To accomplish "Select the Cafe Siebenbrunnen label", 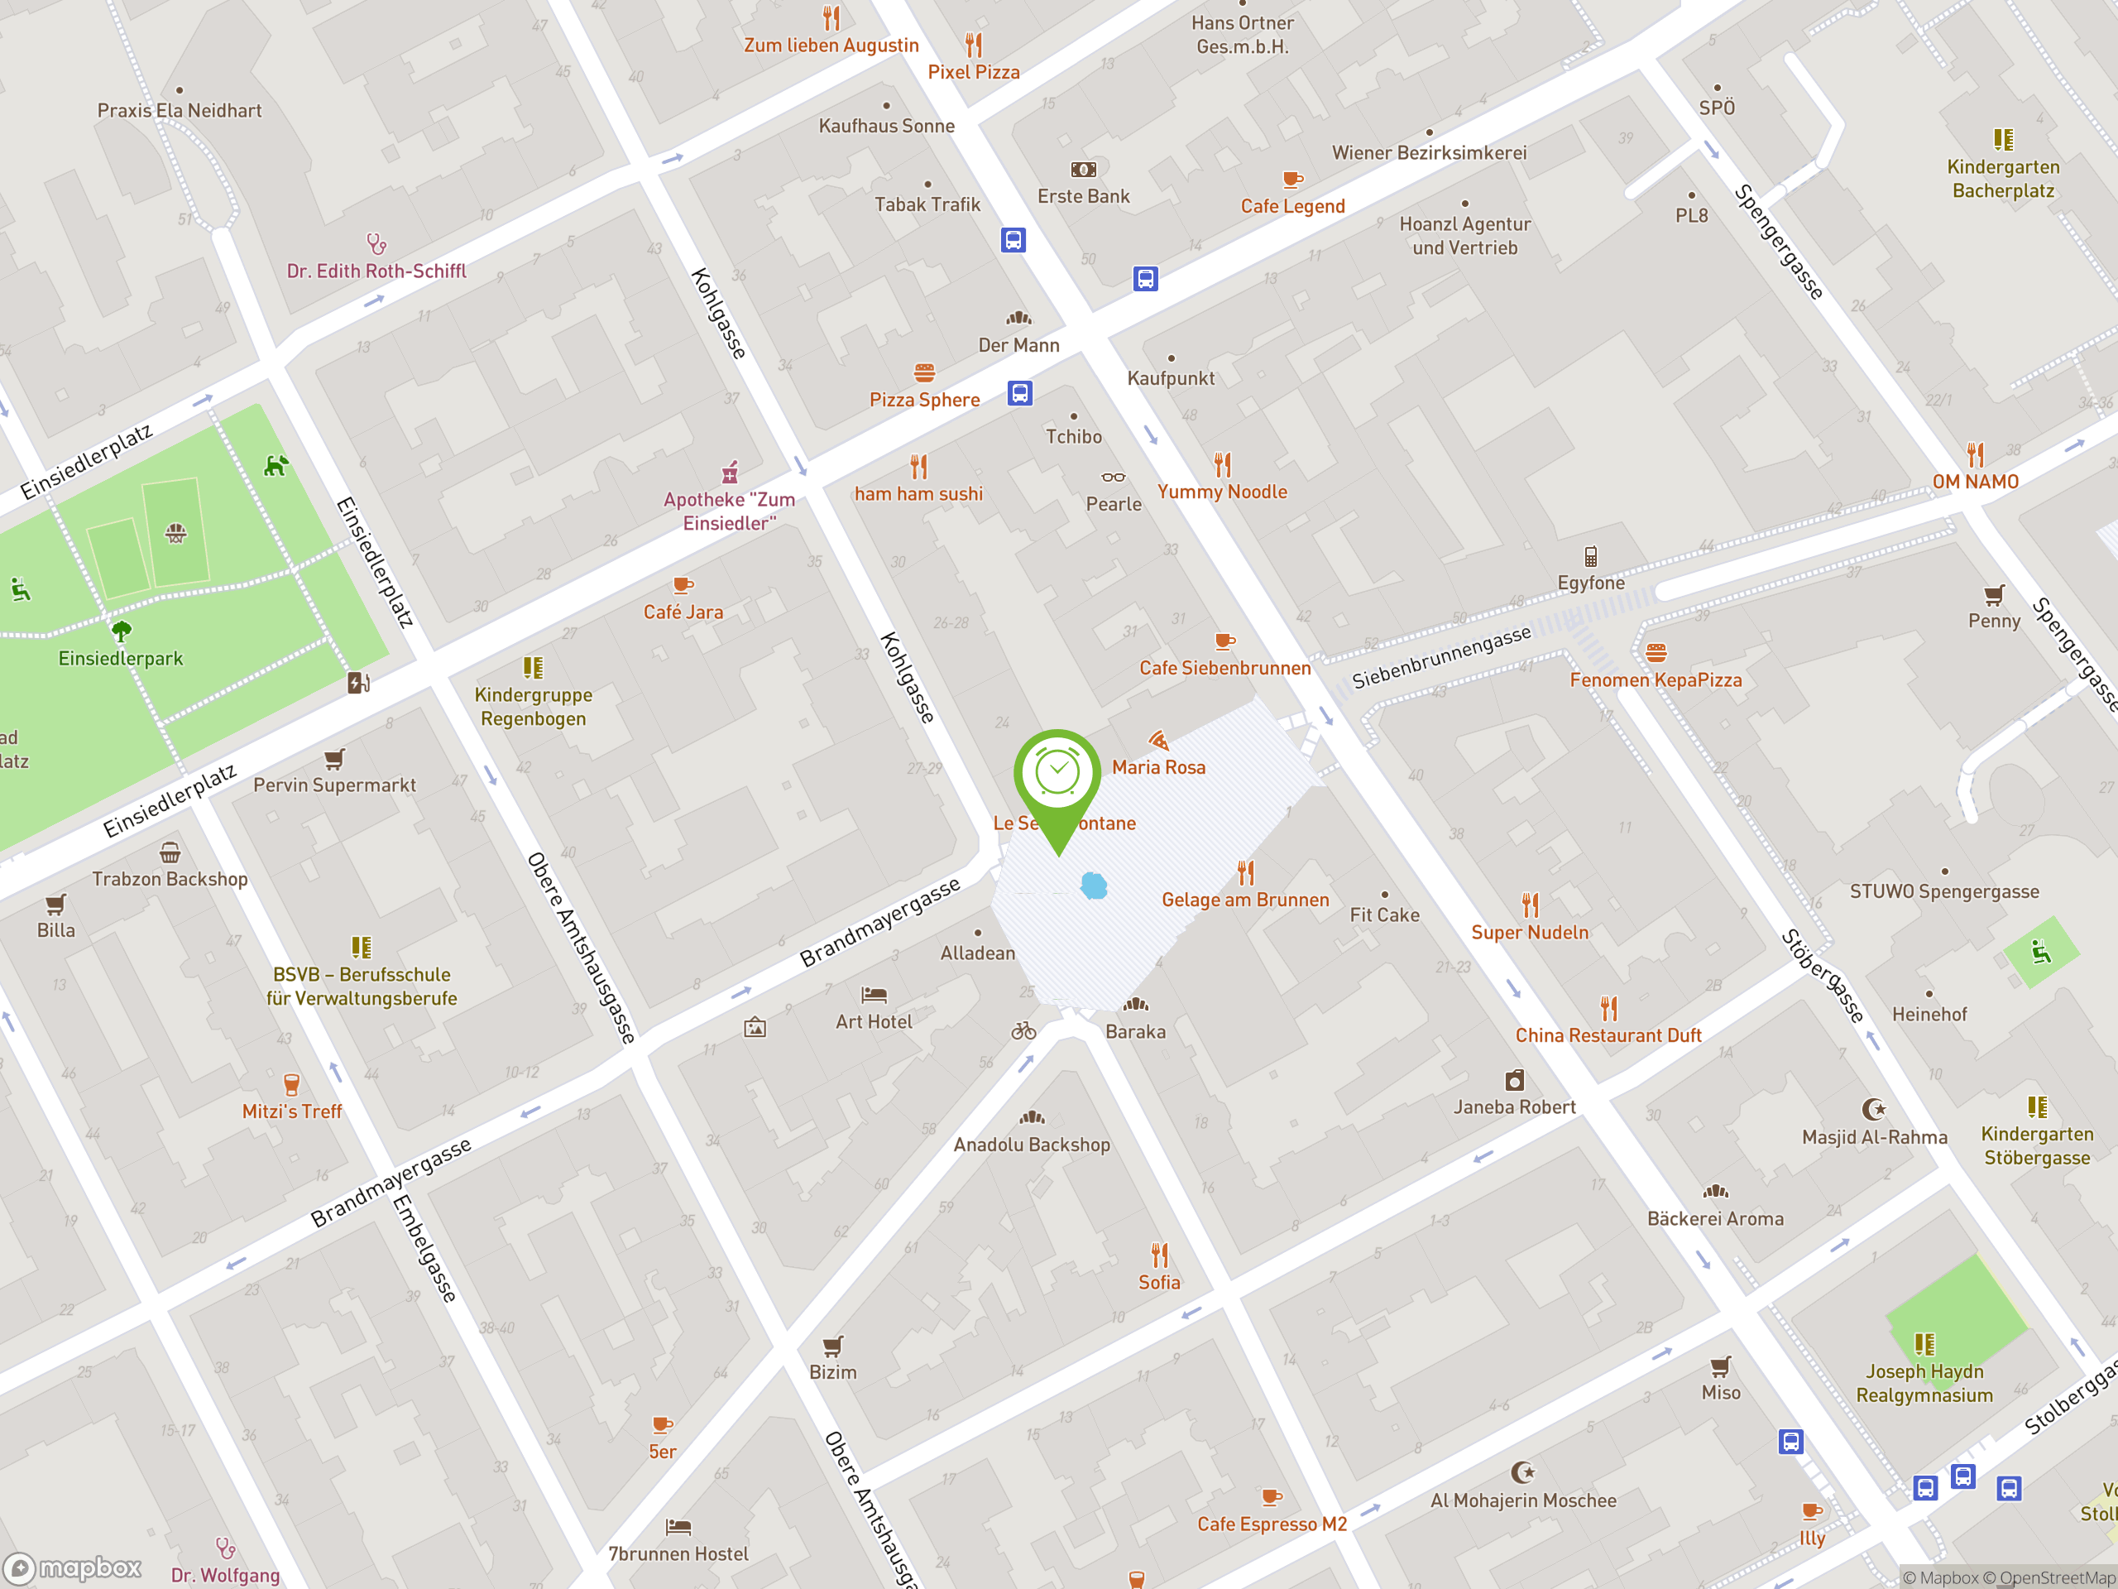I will coord(1224,669).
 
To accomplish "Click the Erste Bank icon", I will coord(1083,170).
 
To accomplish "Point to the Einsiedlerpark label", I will coord(121,659).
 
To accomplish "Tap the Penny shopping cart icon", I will coord(1994,595).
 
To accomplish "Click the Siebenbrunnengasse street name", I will coord(1441,657).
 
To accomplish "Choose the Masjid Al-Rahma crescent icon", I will coord(1873,1109).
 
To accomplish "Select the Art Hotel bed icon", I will coord(873,995).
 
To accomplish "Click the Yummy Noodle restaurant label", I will coord(1222,492).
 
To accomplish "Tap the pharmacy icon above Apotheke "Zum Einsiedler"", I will coord(730,473).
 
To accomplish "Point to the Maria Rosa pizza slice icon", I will coord(1158,741).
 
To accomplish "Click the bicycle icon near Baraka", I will coord(1023,1030).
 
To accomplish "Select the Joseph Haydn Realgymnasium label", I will coord(1924,1383).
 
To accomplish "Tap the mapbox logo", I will coord(73,1568).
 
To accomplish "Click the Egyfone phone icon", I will coord(1590,556).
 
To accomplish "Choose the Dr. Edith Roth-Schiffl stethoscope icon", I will coord(376,244).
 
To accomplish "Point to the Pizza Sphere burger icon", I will coord(924,372).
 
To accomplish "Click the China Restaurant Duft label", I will coord(1608,1035).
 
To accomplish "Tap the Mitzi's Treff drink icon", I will coord(291,1084).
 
